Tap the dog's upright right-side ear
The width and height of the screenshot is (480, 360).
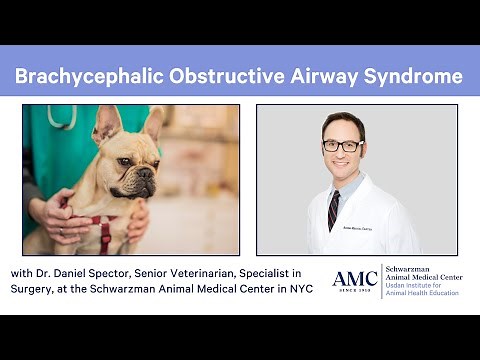click(x=153, y=126)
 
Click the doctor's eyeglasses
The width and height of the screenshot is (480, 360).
click(x=343, y=145)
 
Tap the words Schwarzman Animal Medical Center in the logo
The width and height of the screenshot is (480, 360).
click(x=426, y=275)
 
